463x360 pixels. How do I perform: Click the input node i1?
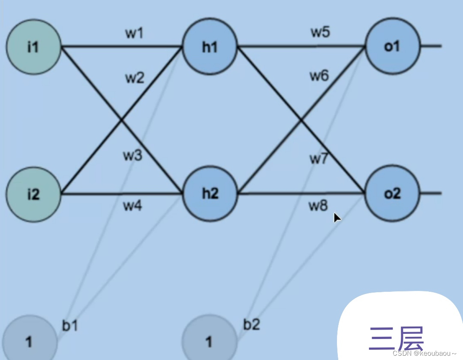click(33, 47)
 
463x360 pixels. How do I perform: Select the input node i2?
click(33, 194)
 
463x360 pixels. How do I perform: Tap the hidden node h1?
click(210, 47)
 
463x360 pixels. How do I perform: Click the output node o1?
click(392, 47)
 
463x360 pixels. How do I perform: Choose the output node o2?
click(392, 194)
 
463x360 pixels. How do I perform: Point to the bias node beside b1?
click(29, 341)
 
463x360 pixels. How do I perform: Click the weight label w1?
click(135, 33)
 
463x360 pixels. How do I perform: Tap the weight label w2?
click(135, 79)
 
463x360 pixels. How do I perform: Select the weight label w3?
click(133, 155)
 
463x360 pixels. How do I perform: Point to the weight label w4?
click(133, 206)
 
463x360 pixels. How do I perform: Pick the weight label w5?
click(320, 33)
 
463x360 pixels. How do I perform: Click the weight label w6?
click(319, 76)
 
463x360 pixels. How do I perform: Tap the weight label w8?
click(318, 206)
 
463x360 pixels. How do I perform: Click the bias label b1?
click(70, 326)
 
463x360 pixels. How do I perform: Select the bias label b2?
click(252, 324)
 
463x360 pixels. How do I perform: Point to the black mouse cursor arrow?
click(337, 218)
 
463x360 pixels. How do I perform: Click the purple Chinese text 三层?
click(396, 339)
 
